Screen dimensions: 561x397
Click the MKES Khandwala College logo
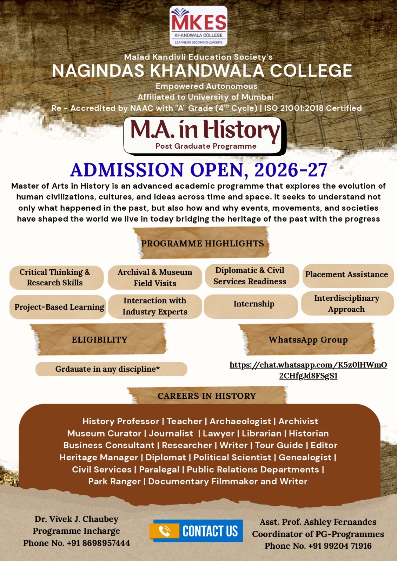198,26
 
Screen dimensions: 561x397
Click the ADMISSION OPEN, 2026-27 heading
199,170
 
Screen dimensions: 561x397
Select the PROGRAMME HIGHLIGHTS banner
202,243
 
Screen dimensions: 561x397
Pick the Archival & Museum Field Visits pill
155,277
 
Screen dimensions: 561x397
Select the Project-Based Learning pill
58,307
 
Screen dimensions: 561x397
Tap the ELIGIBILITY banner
99,340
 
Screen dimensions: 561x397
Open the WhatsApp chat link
308,370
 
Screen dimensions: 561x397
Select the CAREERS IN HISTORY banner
207,396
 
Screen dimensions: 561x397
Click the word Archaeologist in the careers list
240,421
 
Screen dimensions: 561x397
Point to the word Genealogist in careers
305,457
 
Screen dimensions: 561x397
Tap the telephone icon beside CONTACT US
164,531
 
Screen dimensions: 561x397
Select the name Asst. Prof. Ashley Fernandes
318,522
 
